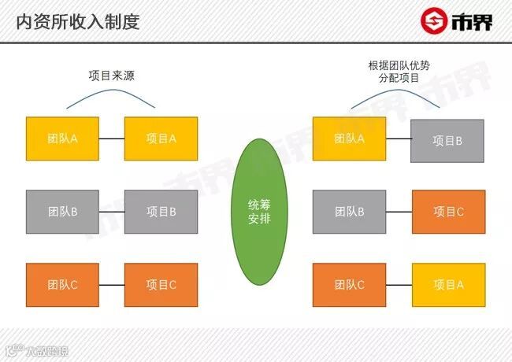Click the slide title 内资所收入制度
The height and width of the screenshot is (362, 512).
pos(77,21)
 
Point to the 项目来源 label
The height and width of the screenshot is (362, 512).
pos(110,76)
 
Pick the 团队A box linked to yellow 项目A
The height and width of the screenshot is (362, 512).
pos(62,139)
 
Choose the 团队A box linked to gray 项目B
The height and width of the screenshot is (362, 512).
pos(349,139)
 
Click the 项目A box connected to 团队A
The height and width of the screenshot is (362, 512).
pos(161,139)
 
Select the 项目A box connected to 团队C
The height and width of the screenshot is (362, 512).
pos(448,285)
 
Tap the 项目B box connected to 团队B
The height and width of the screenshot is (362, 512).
pos(161,212)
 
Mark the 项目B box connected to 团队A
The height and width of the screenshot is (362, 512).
pos(447,141)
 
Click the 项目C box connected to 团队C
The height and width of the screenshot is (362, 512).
pos(161,285)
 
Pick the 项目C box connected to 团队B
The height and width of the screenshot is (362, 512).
pos(448,212)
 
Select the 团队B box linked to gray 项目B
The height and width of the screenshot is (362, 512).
pos(62,212)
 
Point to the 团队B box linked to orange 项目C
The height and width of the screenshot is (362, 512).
pos(349,212)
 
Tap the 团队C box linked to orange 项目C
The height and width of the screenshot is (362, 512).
pos(62,285)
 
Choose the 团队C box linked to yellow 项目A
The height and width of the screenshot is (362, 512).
pos(349,285)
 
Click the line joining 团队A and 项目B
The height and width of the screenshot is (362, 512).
pos(398,139)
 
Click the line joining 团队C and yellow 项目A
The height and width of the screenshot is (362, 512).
pos(399,285)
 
